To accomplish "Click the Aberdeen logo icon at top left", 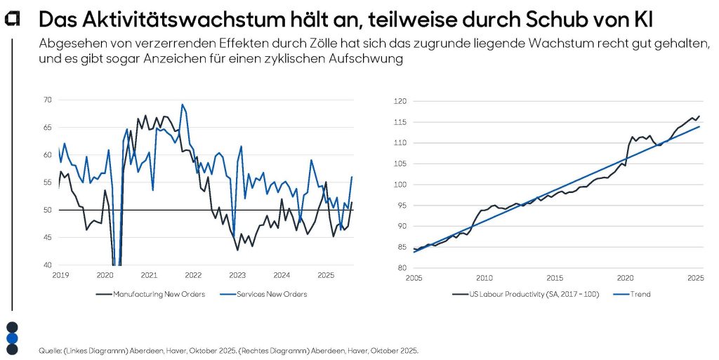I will coord(12,20).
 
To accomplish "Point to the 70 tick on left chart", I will coord(48,100).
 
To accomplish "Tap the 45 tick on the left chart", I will coord(48,238).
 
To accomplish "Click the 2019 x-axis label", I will coord(60,275).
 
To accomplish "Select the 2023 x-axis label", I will coord(237,275).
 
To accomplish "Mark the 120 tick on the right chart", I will coord(399,102).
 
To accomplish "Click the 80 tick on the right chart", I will coord(401,268).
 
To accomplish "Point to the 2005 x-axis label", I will coord(414,278).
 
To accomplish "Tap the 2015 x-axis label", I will coord(555,278).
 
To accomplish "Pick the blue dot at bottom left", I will coord(12,338).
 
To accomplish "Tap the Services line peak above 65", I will coord(183,105).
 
